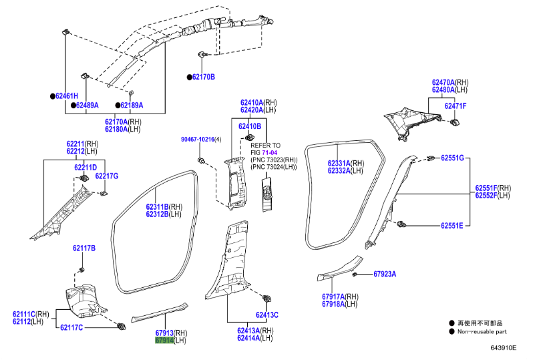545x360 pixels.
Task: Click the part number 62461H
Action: (x=67, y=96)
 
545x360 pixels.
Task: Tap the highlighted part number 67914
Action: (x=164, y=341)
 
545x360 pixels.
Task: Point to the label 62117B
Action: (x=84, y=248)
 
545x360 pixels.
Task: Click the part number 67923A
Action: (x=385, y=274)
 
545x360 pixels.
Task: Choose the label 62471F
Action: (x=456, y=106)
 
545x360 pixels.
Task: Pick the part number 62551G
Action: (x=452, y=158)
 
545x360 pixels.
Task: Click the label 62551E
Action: (x=451, y=226)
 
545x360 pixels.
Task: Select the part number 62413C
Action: (x=267, y=315)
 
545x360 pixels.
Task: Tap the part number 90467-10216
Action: (x=197, y=139)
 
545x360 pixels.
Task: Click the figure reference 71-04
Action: (x=268, y=152)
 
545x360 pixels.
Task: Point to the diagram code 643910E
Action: (x=504, y=348)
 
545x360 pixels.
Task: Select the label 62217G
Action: (x=106, y=176)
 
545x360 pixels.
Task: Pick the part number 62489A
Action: (x=87, y=105)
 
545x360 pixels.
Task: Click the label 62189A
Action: (x=132, y=105)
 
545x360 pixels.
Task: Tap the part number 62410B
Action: (x=250, y=126)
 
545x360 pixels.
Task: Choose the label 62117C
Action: (x=71, y=327)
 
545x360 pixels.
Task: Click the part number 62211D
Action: (x=85, y=167)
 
